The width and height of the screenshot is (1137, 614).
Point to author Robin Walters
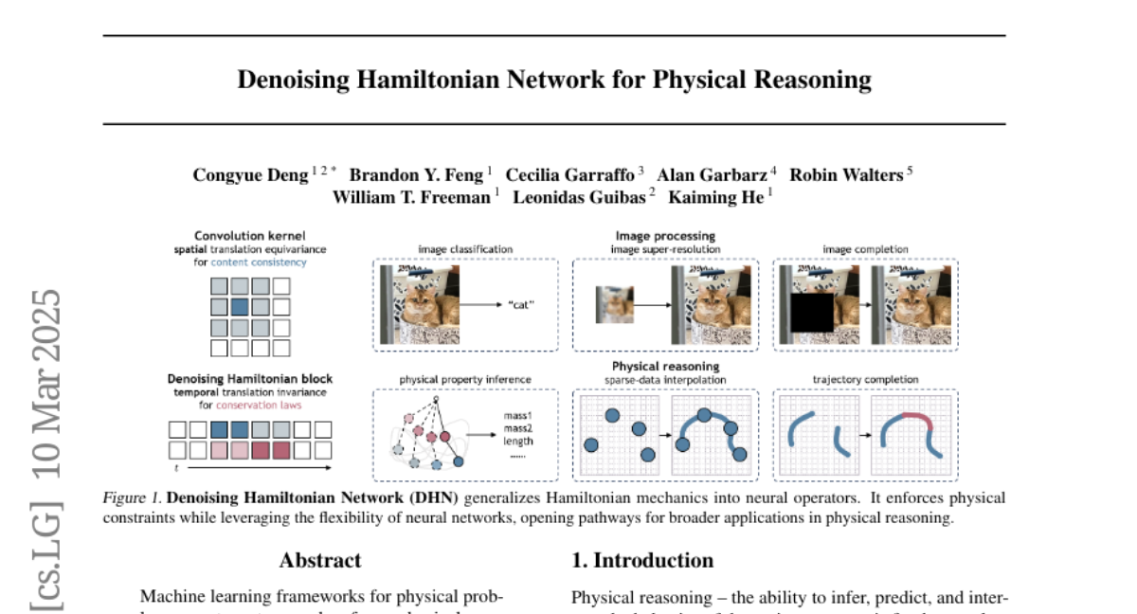tap(845, 175)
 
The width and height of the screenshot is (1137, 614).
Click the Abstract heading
tap(320, 560)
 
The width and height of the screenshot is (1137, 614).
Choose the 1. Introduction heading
tap(642, 560)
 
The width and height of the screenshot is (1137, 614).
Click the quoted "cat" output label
tap(521, 305)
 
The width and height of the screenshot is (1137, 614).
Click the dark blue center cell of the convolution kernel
tap(240, 306)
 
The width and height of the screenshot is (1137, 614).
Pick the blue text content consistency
tap(259, 262)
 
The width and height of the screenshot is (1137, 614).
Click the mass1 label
tap(518, 415)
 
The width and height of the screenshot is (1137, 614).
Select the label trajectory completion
tap(865, 379)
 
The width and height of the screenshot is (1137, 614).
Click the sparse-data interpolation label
tap(665, 379)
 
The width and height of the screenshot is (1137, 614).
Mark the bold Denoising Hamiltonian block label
tap(250, 379)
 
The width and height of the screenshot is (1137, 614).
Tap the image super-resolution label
tap(665, 249)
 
